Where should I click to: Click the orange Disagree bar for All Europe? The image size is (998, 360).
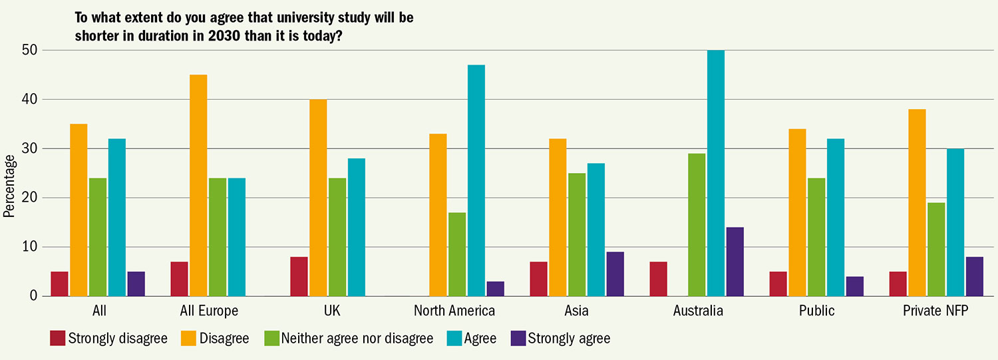click(198, 186)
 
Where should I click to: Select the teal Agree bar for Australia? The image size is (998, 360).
click(716, 173)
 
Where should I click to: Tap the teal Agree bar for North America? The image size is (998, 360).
click(476, 180)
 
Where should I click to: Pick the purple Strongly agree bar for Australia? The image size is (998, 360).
click(735, 262)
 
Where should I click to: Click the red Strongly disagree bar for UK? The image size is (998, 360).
click(299, 276)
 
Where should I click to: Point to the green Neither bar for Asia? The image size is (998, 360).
click(577, 234)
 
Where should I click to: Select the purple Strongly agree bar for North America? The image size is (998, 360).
click(496, 289)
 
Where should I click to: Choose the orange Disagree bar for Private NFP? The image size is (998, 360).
click(917, 202)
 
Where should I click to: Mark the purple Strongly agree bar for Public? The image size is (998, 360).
click(855, 286)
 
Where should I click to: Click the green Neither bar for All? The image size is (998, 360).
click(98, 237)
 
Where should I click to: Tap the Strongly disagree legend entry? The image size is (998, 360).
click(109, 338)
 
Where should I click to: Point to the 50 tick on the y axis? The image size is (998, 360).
click(31, 51)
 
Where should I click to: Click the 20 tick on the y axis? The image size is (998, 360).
click(31, 198)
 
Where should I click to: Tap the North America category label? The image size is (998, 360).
click(454, 311)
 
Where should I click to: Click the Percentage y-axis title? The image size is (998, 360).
click(9, 186)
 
